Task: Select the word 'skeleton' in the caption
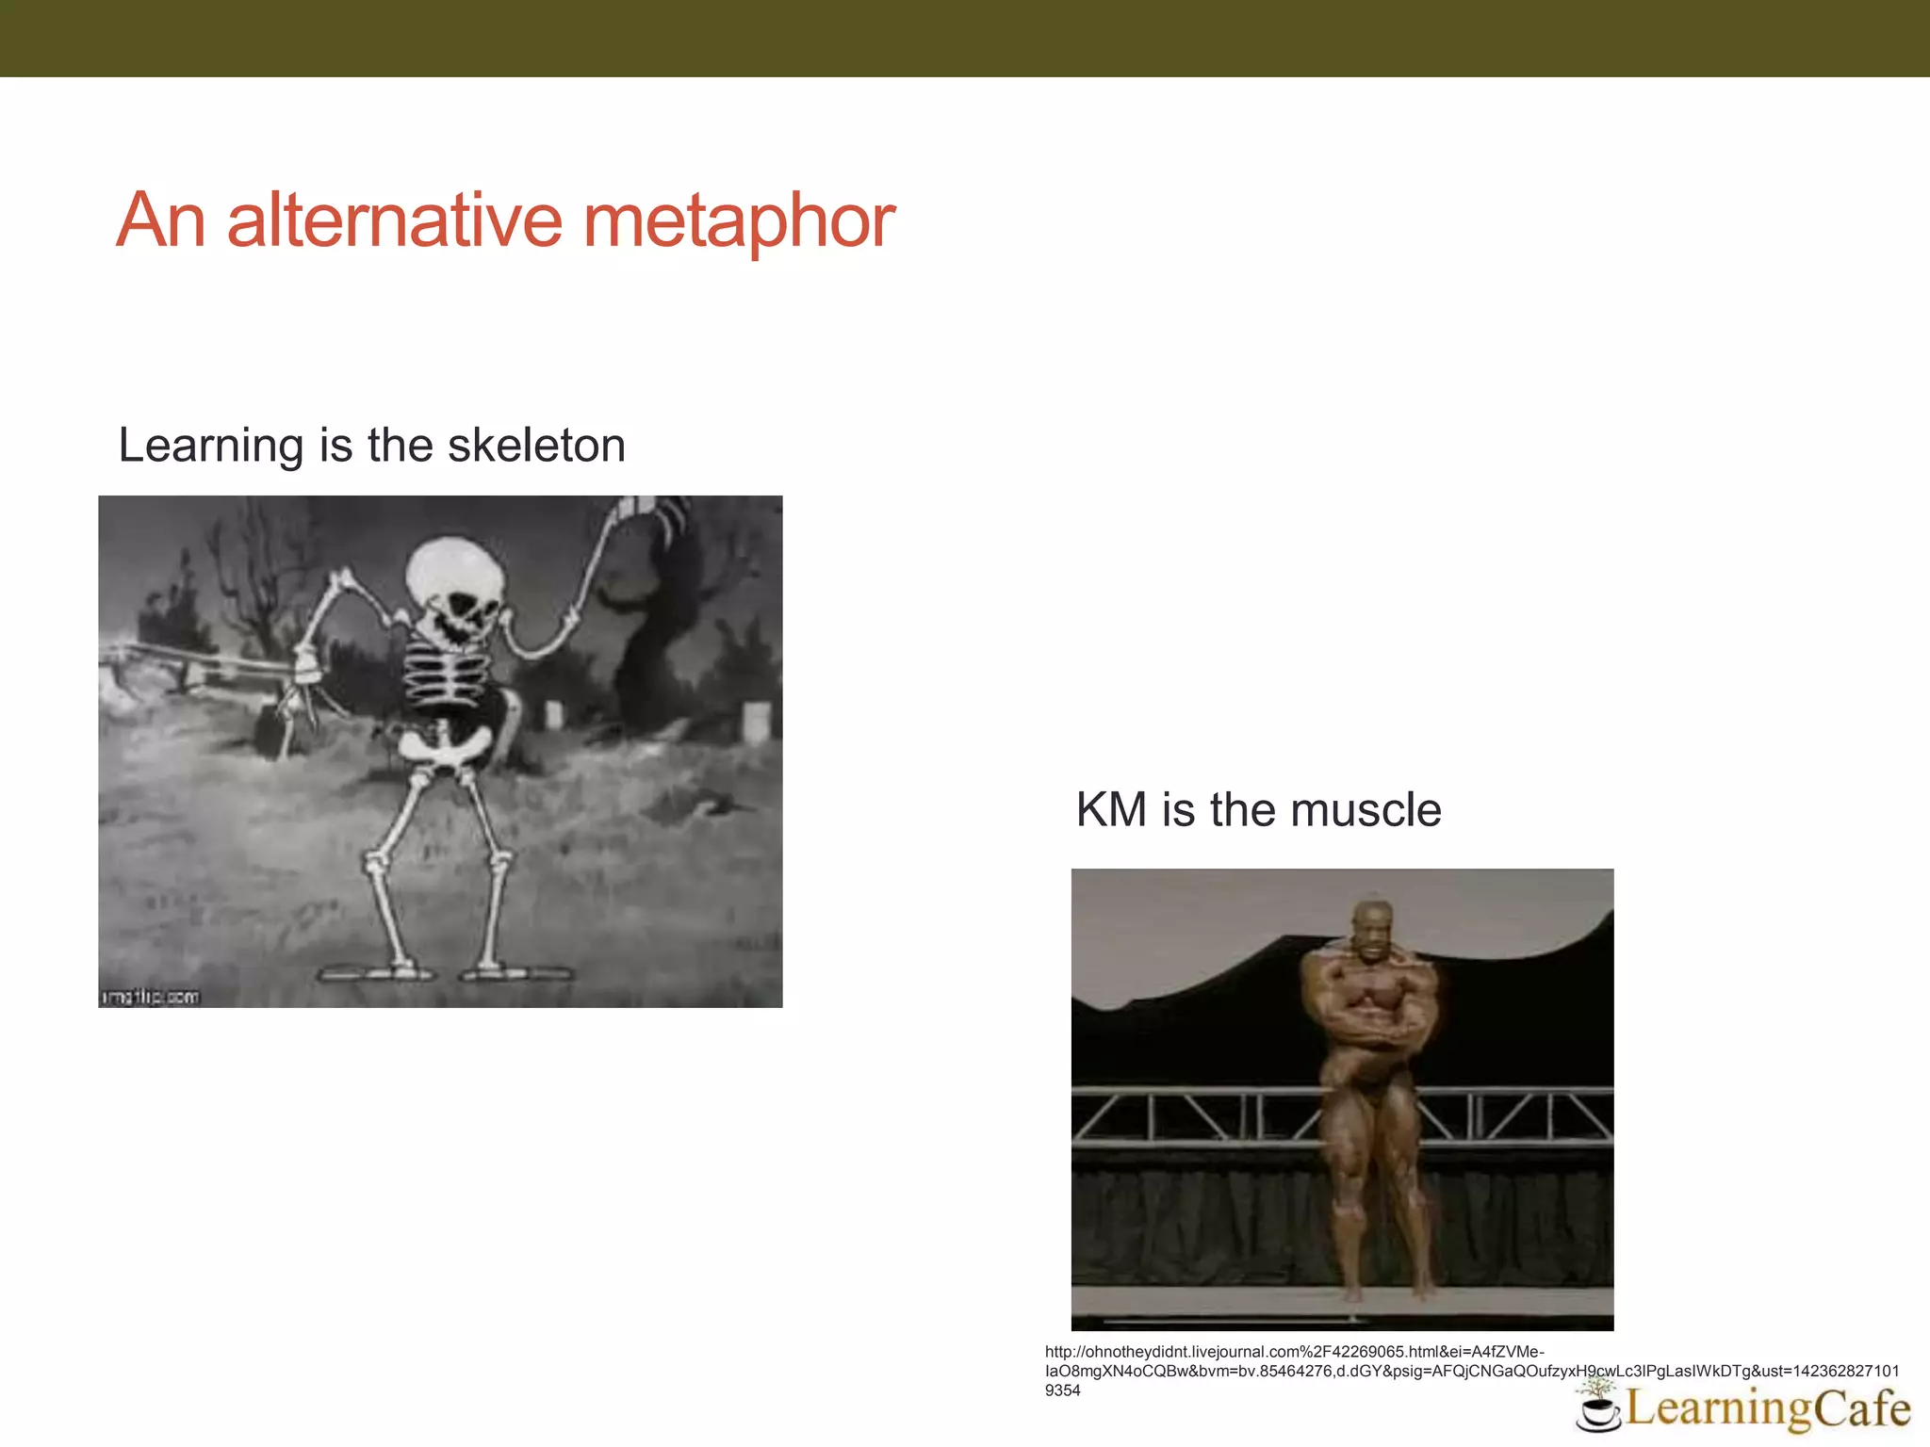coord(536,445)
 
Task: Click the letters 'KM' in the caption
coord(1111,809)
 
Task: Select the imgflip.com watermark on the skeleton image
coord(151,996)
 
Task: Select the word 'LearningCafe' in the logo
coord(1768,1409)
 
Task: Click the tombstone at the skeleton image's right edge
coord(757,723)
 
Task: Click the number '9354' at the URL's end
coord(1063,1390)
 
